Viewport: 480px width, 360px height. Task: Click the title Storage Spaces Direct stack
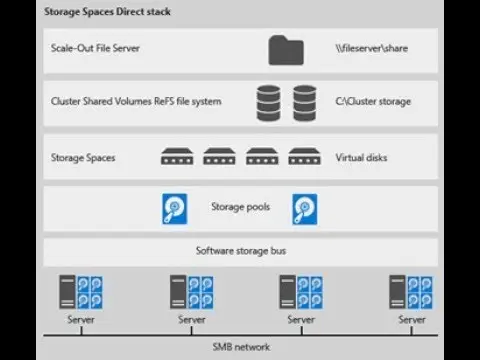(x=107, y=12)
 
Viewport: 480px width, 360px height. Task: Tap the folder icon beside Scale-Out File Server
(x=286, y=50)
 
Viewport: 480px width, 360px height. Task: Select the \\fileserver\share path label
(x=372, y=48)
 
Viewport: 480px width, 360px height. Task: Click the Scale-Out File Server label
(x=95, y=48)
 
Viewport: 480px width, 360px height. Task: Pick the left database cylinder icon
(x=268, y=103)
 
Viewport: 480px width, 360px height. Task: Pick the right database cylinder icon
(x=305, y=103)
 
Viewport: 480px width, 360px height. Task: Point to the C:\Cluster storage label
(x=373, y=101)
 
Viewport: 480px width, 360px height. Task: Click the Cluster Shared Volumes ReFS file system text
(x=136, y=101)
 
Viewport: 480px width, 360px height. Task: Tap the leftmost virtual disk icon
(x=177, y=156)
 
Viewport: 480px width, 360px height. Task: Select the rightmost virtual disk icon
(x=304, y=156)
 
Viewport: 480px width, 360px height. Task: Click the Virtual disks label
(x=361, y=157)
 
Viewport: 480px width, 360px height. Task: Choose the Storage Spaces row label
(x=83, y=158)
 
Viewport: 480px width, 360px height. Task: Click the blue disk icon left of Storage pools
(x=175, y=209)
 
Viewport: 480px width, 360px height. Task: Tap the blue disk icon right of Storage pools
(x=305, y=209)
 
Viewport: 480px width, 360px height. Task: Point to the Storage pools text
(x=241, y=207)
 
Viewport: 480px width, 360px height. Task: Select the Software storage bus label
(x=241, y=251)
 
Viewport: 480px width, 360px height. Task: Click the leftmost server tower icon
(x=67, y=292)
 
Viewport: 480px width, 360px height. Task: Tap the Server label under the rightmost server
(x=412, y=320)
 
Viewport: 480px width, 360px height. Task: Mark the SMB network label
(x=241, y=347)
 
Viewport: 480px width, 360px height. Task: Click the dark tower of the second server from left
(x=178, y=292)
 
